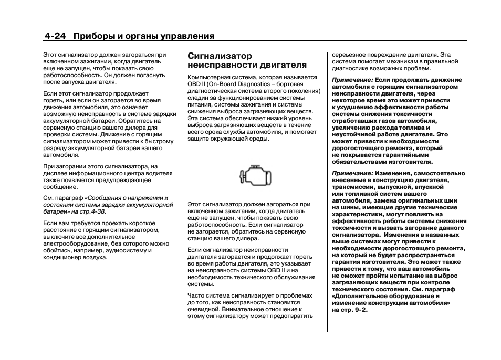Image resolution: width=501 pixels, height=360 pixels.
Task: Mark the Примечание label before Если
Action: click(x=352, y=80)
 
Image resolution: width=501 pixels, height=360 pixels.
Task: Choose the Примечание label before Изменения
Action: click(x=352, y=173)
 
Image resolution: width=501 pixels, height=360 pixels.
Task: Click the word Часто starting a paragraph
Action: click(x=196, y=295)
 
